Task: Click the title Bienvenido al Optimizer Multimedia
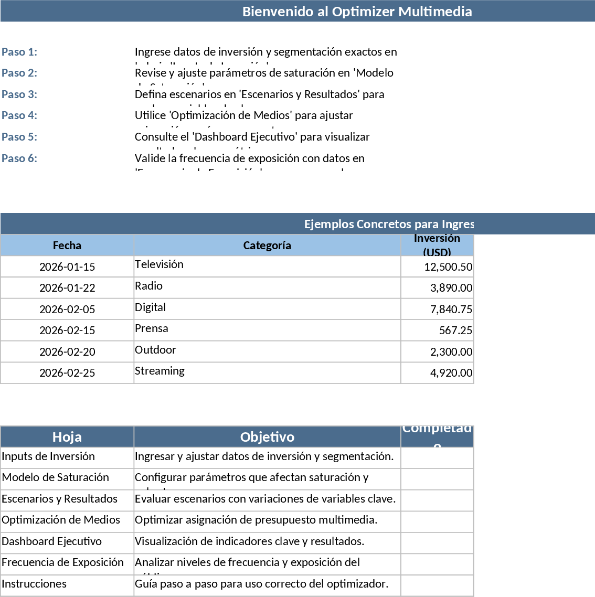coord(357,12)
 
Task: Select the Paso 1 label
coord(19,52)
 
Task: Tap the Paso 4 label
coord(19,115)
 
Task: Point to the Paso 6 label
coord(19,158)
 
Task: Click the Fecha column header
coord(67,246)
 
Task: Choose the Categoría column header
coord(267,246)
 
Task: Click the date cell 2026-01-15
coord(67,267)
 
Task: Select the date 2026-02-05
coord(67,310)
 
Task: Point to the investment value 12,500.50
coord(448,267)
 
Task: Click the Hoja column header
coord(67,437)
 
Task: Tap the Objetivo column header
coord(267,437)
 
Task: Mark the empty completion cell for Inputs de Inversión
coord(437,458)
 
